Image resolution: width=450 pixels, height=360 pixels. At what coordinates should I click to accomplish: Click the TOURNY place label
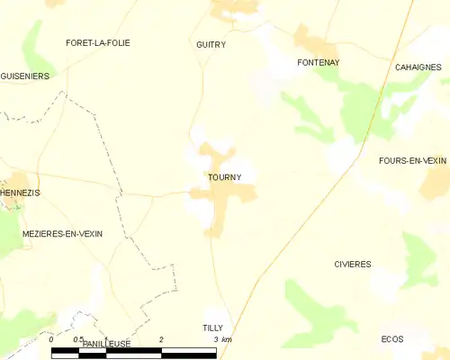223,177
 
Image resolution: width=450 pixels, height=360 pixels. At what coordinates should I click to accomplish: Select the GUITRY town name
211,44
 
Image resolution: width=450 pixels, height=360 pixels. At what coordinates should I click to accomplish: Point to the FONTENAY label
317,62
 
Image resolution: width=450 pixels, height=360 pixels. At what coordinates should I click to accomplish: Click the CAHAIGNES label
417,67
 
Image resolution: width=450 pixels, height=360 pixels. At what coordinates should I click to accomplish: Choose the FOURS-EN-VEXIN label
413,160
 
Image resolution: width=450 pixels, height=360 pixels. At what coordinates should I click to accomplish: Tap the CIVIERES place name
352,265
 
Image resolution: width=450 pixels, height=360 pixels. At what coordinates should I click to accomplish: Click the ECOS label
391,339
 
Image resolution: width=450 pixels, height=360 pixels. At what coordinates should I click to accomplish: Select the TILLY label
212,328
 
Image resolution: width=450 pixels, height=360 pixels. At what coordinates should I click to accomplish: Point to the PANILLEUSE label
106,344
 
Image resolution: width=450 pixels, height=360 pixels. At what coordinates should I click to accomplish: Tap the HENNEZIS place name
21,193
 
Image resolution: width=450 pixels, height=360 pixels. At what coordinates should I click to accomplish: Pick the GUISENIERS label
24,76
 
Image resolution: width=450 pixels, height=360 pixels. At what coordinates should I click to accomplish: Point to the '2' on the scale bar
161,339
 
